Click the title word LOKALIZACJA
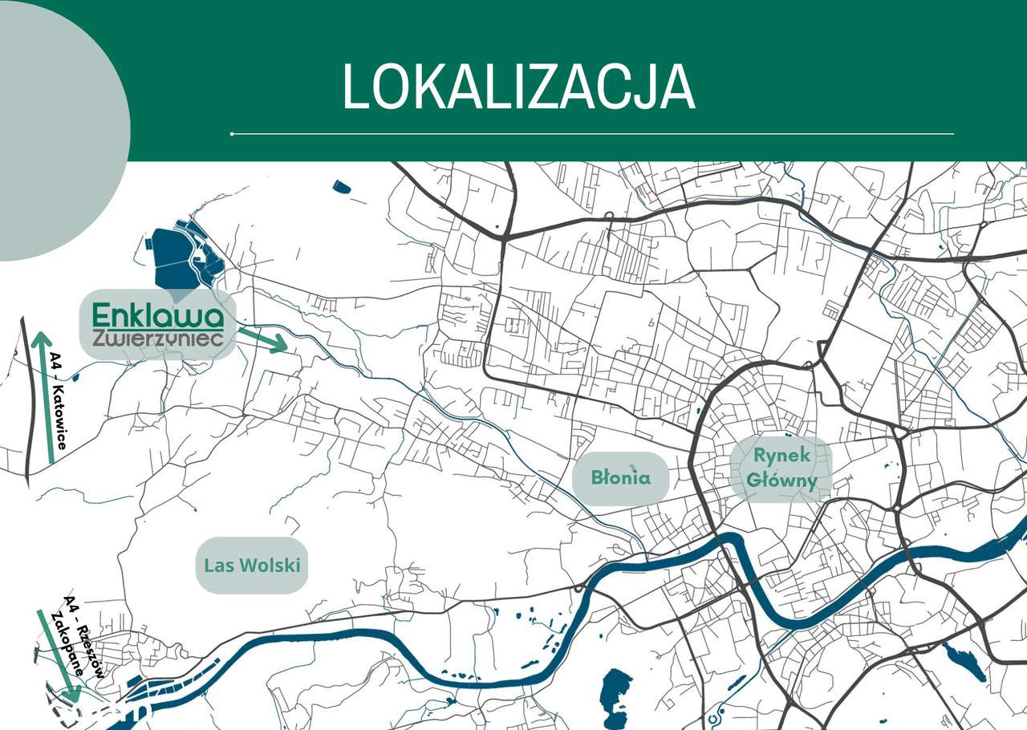click(518, 87)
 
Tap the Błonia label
click(620, 478)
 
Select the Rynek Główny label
click(781, 468)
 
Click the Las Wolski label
click(252, 565)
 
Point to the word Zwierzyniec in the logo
click(158, 339)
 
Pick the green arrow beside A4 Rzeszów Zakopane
click(56, 654)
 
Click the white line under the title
click(592, 134)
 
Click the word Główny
click(781, 481)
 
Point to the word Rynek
click(781, 455)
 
